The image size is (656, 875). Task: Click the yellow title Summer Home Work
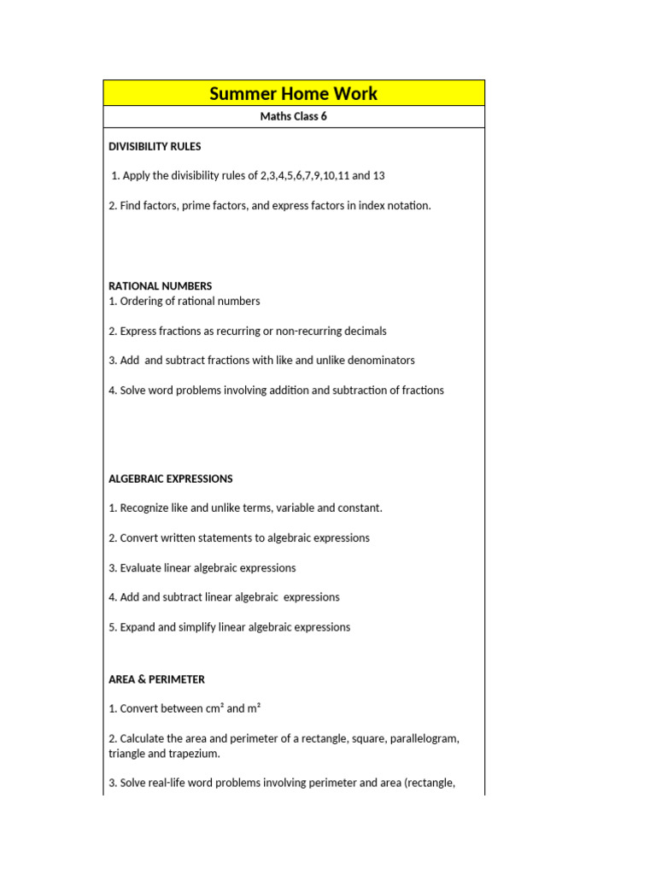[293, 93]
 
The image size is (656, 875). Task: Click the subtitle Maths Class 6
[293, 117]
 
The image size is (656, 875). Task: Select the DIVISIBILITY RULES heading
[155, 147]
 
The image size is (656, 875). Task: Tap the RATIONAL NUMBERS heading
[161, 286]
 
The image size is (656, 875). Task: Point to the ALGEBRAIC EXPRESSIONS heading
[171, 479]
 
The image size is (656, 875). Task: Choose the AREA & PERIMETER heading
[156, 680]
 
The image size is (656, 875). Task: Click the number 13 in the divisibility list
[379, 176]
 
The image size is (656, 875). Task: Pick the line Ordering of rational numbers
[184, 302]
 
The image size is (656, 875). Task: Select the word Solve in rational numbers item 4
[134, 391]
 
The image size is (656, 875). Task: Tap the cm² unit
[214, 709]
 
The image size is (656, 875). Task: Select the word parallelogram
[422, 739]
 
